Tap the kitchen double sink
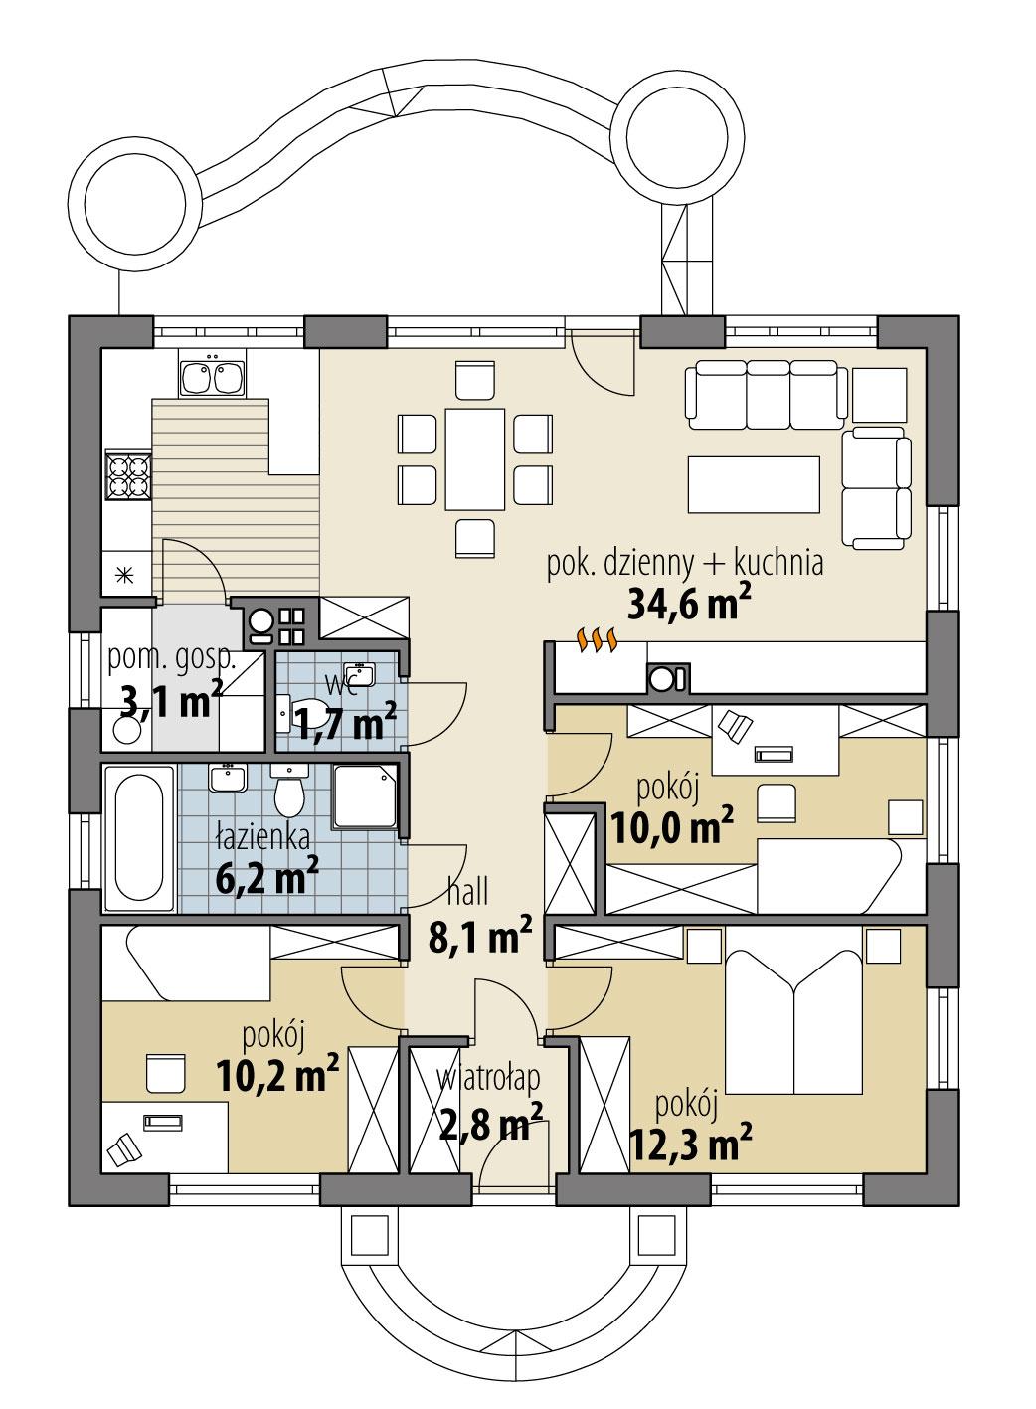212,377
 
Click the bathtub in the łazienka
138,837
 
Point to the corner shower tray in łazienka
367,795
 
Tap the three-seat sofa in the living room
765,393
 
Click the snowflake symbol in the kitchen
125,574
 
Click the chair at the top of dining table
474,379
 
